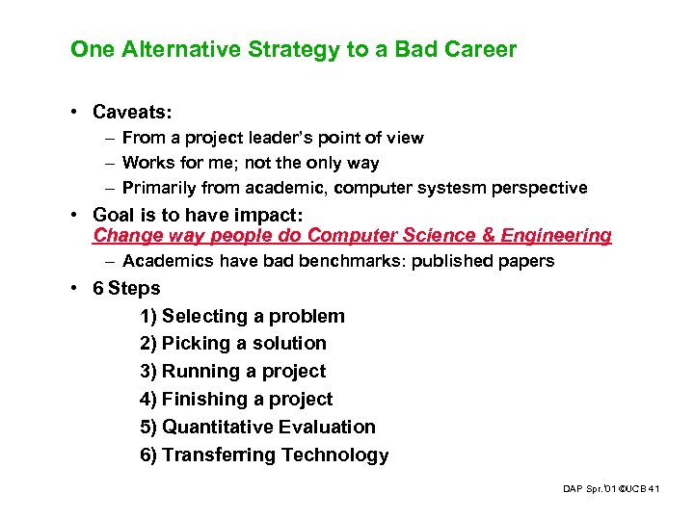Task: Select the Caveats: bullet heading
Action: [x=133, y=113]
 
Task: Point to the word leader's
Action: [x=283, y=138]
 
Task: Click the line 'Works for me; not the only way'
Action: [x=251, y=164]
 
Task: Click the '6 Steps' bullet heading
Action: [x=126, y=289]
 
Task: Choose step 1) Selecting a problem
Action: [x=242, y=316]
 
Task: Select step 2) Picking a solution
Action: [x=233, y=344]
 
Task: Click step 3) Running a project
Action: [x=232, y=372]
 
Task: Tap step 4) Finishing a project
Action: [x=236, y=400]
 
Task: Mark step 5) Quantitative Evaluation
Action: [x=257, y=427]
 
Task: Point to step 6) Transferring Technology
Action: [x=264, y=455]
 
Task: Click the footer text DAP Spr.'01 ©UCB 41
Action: [x=610, y=490]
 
